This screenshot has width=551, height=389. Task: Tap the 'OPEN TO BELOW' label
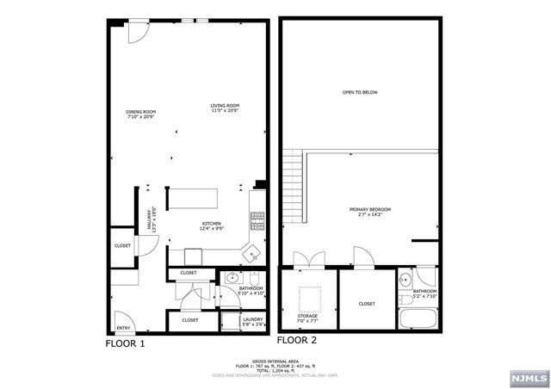point(360,92)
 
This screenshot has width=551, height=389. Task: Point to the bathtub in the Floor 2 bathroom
point(418,319)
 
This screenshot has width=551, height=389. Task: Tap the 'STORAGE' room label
point(307,316)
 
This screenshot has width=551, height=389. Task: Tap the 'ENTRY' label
point(123,327)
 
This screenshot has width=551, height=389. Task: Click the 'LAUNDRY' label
point(252,318)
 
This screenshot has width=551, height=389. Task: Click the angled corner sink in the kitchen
point(252,253)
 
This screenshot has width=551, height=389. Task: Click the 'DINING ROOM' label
point(141,113)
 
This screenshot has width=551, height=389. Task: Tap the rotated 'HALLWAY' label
point(150,219)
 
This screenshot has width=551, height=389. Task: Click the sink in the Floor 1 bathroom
point(231,280)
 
